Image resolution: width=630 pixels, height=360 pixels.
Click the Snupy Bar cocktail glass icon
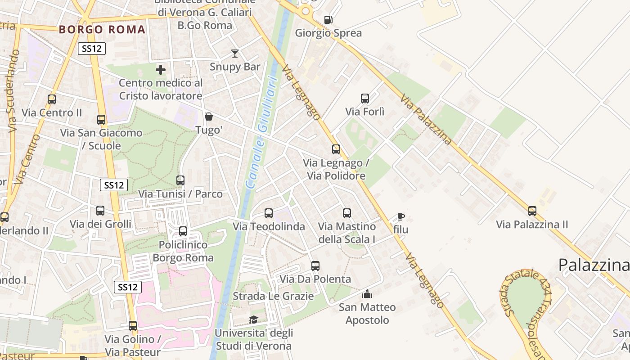tap(234, 54)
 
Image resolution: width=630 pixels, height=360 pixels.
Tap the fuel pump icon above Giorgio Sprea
tap(328, 20)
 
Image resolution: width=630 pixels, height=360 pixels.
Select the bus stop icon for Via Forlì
tap(365, 98)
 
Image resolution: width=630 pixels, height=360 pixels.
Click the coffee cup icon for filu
tap(400, 216)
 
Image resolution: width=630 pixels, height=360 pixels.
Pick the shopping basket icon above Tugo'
tap(209, 117)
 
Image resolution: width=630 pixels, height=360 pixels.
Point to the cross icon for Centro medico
tap(161, 70)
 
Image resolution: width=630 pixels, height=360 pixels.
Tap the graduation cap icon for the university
tap(254, 319)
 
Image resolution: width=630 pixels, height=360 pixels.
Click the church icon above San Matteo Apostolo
tap(367, 294)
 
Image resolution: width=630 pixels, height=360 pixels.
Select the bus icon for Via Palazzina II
tap(532, 211)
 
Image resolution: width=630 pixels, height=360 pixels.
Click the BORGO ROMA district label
tap(103, 30)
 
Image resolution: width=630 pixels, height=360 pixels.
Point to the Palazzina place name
tap(593, 265)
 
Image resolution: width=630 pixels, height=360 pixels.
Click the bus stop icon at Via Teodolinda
tap(269, 213)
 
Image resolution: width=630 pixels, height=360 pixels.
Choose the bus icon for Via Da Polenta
tap(315, 266)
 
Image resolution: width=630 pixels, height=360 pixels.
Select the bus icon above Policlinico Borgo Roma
tap(183, 231)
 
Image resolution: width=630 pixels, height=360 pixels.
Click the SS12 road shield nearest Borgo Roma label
tap(92, 49)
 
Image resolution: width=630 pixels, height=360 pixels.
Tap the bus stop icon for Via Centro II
tap(52, 99)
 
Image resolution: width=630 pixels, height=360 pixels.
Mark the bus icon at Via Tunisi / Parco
tap(180, 180)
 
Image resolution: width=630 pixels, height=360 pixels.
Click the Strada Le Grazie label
tap(273, 296)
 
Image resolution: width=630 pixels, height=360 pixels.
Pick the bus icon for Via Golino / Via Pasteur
tap(133, 326)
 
